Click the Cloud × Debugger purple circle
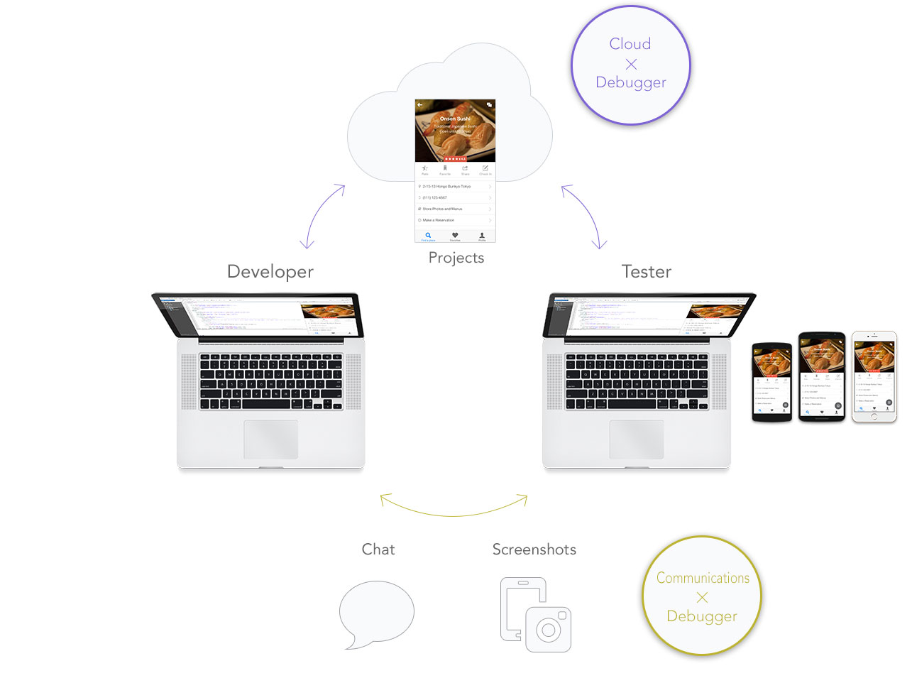(630, 65)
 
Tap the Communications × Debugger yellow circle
(702, 596)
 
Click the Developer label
(270, 272)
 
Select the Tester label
(646, 272)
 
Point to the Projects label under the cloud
(456, 258)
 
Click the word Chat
(378, 549)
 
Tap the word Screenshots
(534, 549)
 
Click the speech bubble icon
(376, 613)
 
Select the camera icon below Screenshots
(547, 628)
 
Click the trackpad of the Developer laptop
(270, 439)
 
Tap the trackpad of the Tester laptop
(636, 439)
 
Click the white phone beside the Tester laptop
(874, 376)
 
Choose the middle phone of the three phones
(822, 376)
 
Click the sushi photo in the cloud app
(455, 131)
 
